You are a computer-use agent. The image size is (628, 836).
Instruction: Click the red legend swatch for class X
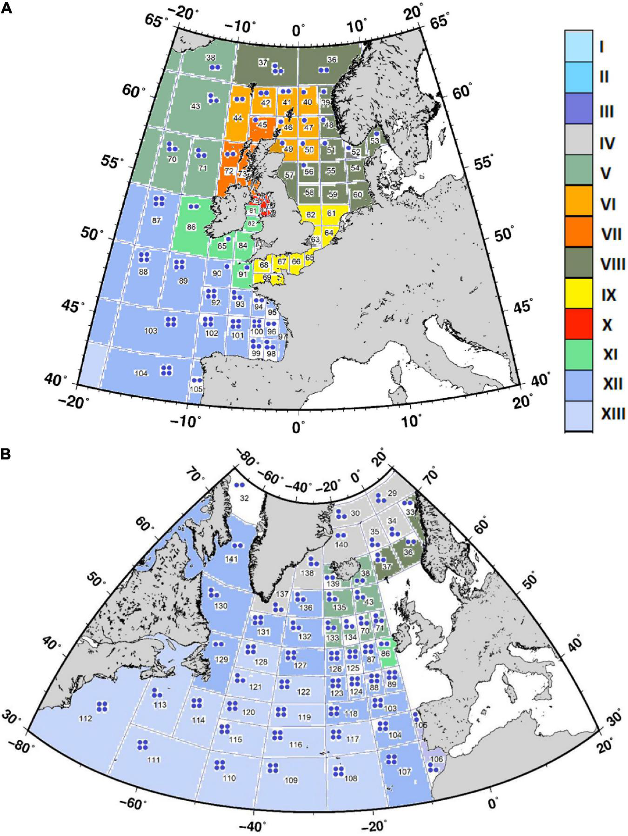[x=578, y=324]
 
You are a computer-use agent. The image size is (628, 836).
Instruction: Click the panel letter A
[x=6, y=8]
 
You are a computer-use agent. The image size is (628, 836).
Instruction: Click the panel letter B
[x=6, y=455]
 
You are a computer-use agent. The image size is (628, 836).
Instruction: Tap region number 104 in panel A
[x=141, y=373]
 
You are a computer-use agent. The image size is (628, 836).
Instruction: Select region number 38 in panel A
[x=211, y=58]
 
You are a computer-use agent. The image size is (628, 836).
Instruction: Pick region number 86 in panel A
[x=191, y=227]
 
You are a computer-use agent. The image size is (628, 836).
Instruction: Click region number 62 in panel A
[x=311, y=214]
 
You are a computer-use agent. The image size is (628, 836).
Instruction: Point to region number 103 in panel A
[x=151, y=331]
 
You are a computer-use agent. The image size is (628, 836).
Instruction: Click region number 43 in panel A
[x=195, y=107]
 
